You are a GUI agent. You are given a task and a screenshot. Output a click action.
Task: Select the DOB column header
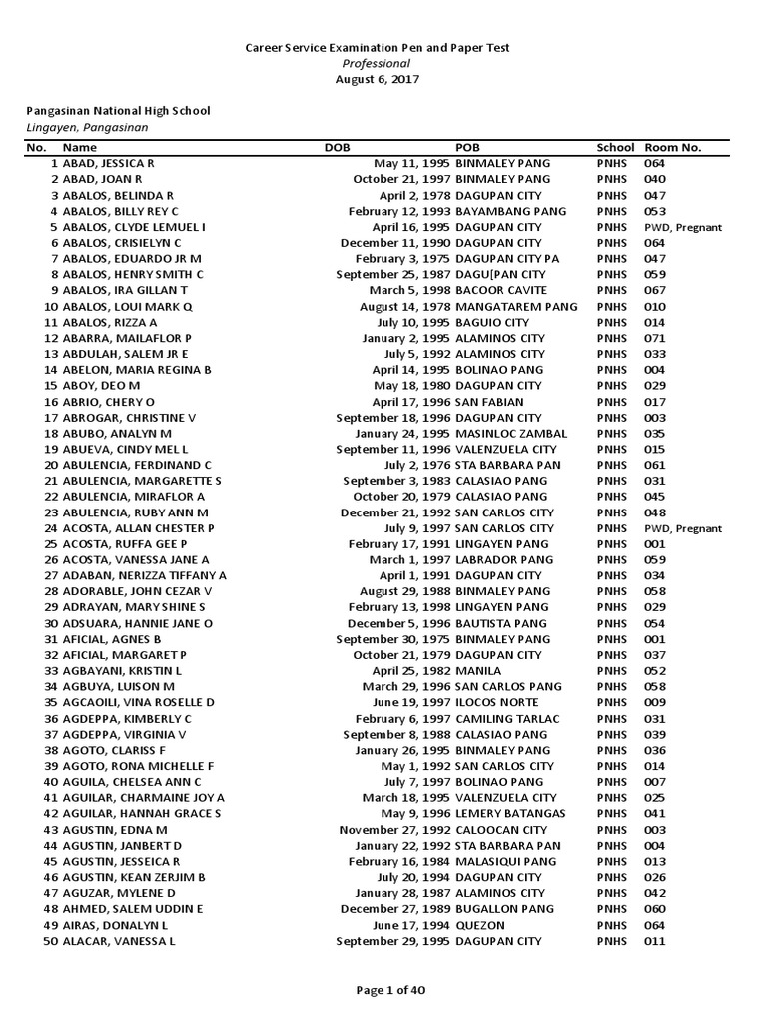pos(338,147)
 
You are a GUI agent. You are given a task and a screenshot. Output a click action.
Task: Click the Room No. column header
pos(673,147)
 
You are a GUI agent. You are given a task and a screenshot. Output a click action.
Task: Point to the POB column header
pos(468,147)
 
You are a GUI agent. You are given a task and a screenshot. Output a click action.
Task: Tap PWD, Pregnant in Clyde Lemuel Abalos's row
pos(683,227)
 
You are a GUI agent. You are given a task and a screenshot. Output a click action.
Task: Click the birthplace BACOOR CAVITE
pos(500,291)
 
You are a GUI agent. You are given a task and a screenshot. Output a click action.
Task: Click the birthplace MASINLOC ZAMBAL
pos(511,433)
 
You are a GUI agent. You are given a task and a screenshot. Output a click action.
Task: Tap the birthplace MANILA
pos(478,671)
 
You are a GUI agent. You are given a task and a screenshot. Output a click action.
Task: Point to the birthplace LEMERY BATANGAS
pos(510,814)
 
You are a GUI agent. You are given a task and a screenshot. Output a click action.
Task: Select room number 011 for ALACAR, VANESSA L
pos(655,941)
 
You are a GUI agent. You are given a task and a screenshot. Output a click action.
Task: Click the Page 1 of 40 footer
pos(383,990)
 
